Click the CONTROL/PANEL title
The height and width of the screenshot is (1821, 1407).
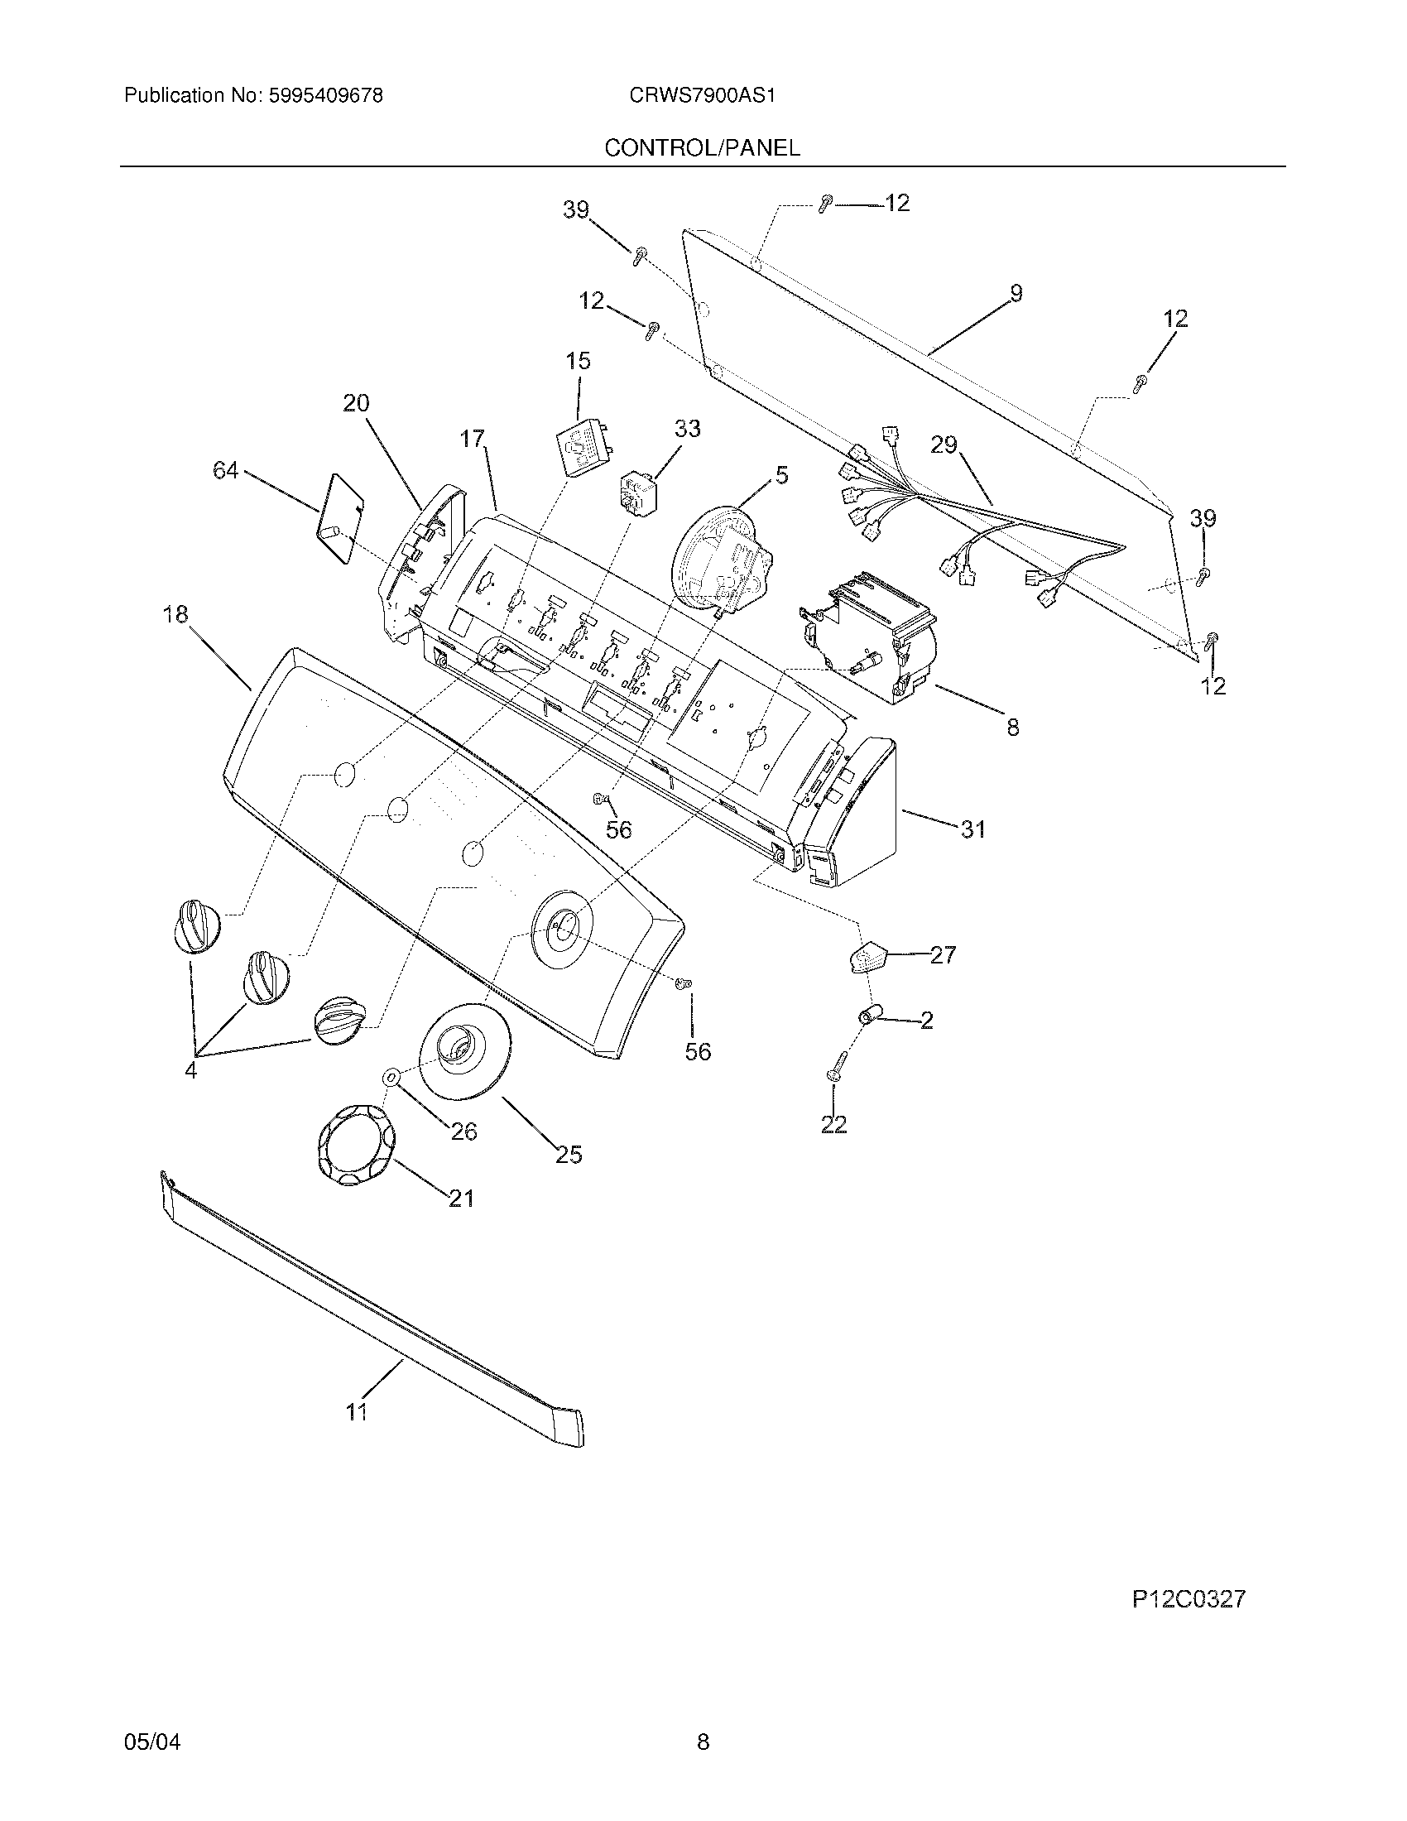(x=702, y=147)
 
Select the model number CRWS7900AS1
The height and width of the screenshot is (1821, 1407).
(x=703, y=96)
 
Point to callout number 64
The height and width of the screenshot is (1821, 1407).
(x=225, y=472)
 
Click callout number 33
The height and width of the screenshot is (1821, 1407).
(x=687, y=429)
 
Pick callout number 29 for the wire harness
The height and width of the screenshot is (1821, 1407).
(x=944, y=445)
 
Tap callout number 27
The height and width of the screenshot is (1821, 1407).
(x=943, y=954)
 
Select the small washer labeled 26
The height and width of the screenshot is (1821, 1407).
(x=391, y=1078)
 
